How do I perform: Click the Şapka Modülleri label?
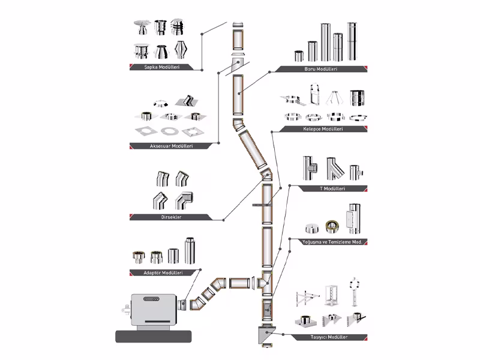(x=161, y=67)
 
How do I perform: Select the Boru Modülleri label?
(x=321, y=69)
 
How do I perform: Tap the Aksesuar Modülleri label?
(x=171, y=146)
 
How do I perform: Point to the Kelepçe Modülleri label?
(x=323, y=129)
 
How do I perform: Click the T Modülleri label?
(x=332, y=188)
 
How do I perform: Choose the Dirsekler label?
(x=171, y=217)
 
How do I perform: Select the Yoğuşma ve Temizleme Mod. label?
(x=332, y=242)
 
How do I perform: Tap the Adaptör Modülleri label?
(x=163, y=272)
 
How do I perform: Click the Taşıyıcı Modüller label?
(x=329, y=337)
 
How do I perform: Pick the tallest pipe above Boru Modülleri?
(x=352, y=41)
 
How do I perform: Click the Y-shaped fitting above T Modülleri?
(x=335, y=169)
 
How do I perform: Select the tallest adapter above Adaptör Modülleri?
(x=190, y=250)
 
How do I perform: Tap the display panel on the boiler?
(x=151, y=299)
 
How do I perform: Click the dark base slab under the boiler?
(x=154, y=337)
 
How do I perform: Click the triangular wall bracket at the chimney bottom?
(x=266, y=335)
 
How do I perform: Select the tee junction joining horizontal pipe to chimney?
(x=265, y=283)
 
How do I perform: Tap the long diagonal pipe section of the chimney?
(x=253, y=149)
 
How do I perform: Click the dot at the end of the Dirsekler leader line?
(x=224, y=220)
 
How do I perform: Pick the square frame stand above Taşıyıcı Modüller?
(x=331, y=295)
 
